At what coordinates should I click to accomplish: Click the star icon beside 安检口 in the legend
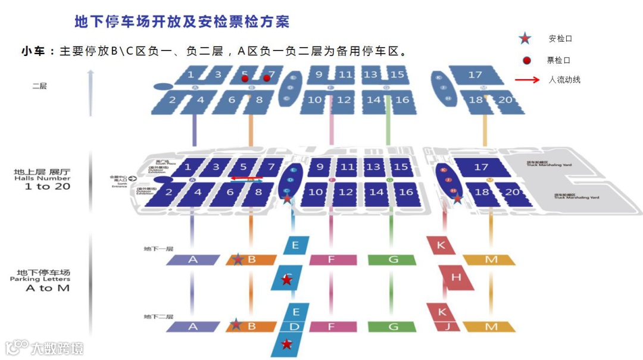(525, 39)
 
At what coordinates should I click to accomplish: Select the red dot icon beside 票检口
(526, 60)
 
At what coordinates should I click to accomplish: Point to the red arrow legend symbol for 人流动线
(527, 80)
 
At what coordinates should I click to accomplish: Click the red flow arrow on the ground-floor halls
(246, 177)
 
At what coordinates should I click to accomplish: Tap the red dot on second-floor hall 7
(267, 78)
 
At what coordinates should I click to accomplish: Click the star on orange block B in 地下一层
(238, 259)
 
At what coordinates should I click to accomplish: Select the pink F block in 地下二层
(332, 327)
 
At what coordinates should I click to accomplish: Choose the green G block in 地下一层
(392, 260)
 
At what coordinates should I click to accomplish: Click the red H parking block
(457, 278)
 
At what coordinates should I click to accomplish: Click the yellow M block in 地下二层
(491, 327)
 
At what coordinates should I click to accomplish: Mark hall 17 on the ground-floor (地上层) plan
(481, 167)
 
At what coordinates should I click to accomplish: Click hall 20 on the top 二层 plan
(505, 99)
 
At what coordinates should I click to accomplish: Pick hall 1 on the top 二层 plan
(191, 74)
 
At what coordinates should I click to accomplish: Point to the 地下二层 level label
(158, 317)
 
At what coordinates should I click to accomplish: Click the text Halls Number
(42, 179)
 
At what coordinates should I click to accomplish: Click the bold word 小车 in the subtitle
(33, 51)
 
